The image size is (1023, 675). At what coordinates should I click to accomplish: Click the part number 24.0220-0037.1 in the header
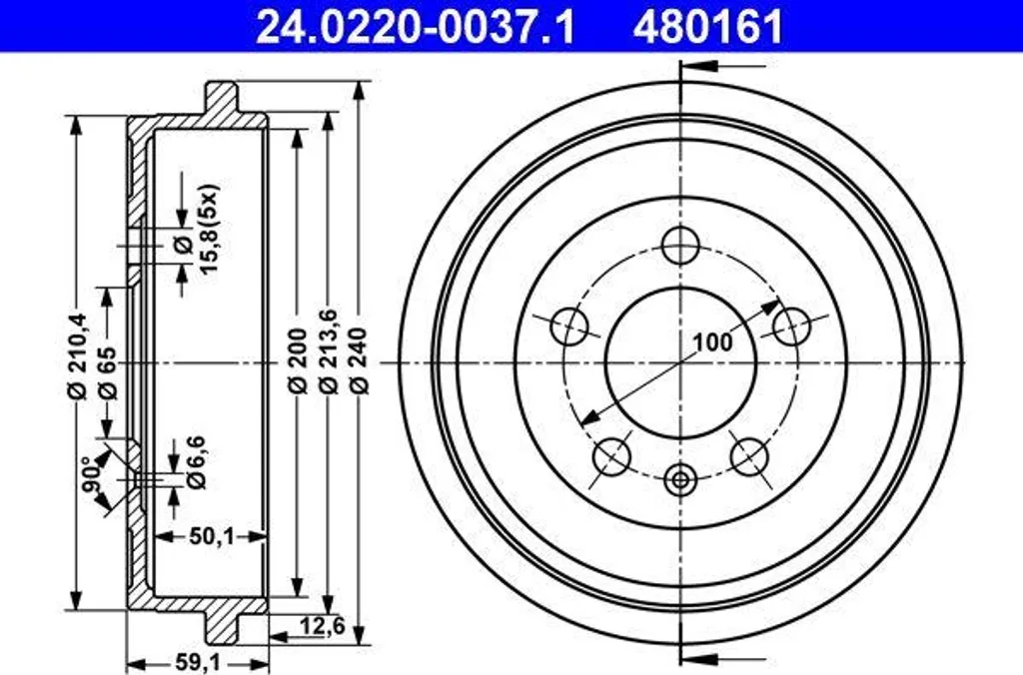[x=415, y=27]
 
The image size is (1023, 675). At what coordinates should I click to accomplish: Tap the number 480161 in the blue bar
[x=707, y=27]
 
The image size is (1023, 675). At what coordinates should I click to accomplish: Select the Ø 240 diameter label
[x=360, y=360]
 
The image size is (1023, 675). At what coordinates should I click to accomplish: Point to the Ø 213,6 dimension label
[x=328, y=350]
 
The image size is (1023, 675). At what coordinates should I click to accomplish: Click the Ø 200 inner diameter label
[x=298, y=360]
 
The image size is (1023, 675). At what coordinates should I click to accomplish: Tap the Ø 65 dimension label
[x=108, y=373]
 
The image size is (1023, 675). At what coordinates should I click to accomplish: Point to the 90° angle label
[x=93, y=474]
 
